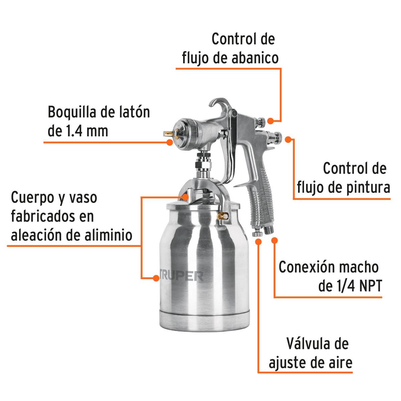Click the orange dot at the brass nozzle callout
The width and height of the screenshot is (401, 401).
click(170, 142)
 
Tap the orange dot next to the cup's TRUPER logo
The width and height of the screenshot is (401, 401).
click(155, 278)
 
